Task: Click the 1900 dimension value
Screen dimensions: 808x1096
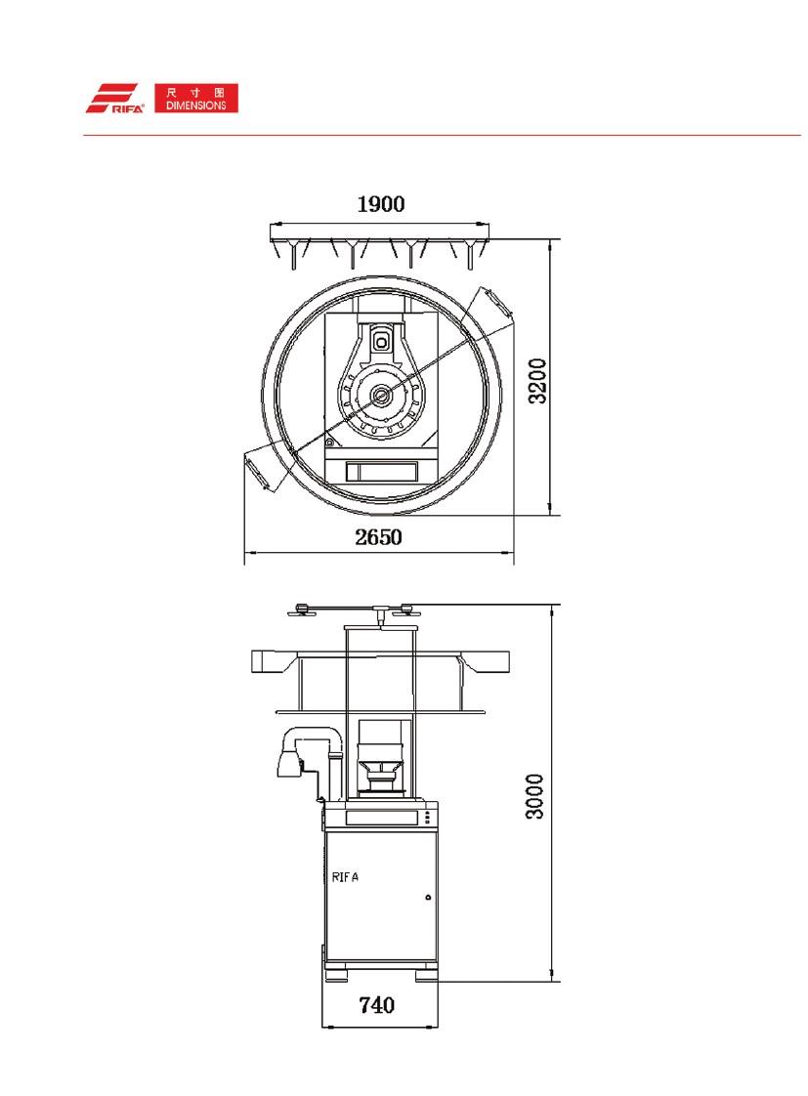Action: click(x=381, y=204)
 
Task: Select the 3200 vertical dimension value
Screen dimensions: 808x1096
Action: click(x=537, y=381)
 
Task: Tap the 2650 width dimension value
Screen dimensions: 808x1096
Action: click(x=378, y=537)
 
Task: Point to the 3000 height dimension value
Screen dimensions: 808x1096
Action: click(x=534, y=796)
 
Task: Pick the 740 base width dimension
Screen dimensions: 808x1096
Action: click(x=377, y=1005)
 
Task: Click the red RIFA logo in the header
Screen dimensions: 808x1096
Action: click(x=115, y=99)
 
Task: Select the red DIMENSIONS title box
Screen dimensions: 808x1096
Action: click(x=196, y=99)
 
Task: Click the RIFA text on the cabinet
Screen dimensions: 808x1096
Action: click(x=345, y=877)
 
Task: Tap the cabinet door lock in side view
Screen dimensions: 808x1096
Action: click(x=428, y=897)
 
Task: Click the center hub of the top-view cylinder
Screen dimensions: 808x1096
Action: click(x=381, y=395)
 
